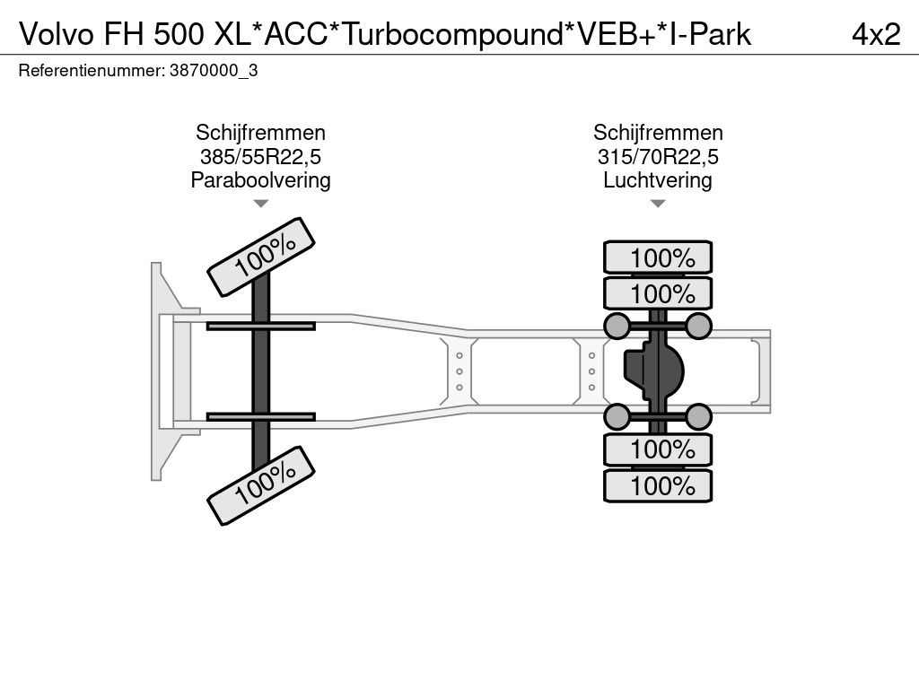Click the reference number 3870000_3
(x=214, y=71)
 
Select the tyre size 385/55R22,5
(x=260, y=157)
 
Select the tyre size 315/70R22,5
(x=658, y=157)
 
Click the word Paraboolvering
(x=260, y=180)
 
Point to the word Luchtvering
(x=658, y=180)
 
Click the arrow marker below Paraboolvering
(x=260, y=205)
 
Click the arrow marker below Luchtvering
(x=658, y=205)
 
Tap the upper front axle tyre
(x=262, y=256)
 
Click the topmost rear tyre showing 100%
(x=658, y=258)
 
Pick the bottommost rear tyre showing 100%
(x=658, y=487)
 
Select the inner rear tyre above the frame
(x=658, y=293)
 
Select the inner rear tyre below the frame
(x=658, y=449)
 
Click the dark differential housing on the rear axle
(x=655, y=371)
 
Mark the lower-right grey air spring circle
(x=698, y=416)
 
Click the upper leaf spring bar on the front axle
(x=260, y=326)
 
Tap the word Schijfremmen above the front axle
(x=260, y=134)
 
